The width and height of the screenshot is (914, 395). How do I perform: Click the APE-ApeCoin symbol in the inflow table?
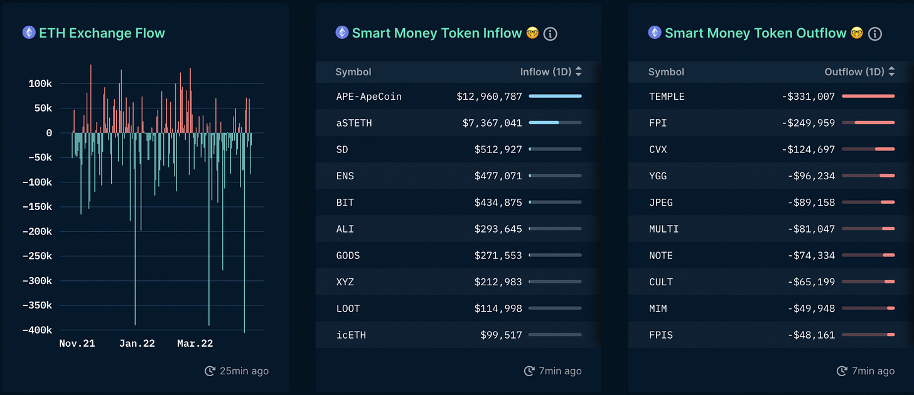point(369,97)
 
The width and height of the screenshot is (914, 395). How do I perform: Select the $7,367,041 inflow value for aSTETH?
point(492,123)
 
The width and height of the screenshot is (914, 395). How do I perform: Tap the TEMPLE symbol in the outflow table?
point(667,97)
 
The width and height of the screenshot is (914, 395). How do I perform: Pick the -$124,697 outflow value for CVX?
point(809,150)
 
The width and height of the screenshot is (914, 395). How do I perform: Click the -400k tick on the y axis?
point(37,330)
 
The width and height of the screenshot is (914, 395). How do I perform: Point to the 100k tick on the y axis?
point(40,83)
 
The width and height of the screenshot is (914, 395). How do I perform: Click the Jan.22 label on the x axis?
point(137,343)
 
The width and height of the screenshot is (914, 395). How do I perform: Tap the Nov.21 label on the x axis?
point(77,343)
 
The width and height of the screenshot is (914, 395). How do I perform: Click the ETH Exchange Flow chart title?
point(102,33)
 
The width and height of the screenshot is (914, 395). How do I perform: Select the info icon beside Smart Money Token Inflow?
point(550,34)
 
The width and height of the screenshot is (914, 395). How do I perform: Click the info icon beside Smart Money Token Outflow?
point(875,34)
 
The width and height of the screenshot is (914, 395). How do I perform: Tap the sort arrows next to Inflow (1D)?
point(579,71)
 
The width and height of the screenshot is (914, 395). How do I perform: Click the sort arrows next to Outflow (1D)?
point(891,71)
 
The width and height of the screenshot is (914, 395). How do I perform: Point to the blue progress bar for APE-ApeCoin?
point(556,96)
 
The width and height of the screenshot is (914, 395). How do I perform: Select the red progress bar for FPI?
point(874,123)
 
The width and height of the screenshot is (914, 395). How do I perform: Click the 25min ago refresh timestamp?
point(237,371)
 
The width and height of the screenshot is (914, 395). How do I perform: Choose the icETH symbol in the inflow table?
point(351,335)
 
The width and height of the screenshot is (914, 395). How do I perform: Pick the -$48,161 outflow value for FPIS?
point(811,335)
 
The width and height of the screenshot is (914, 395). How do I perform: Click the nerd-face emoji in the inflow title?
point(532,33)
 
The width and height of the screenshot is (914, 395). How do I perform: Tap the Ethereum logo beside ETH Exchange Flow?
point(29,33)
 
